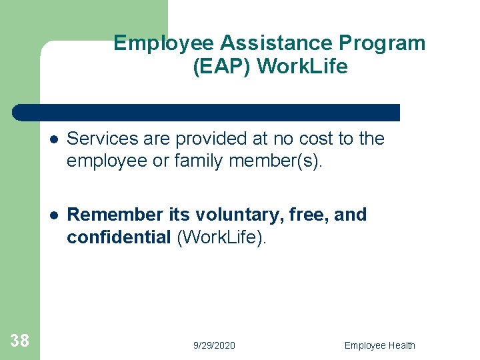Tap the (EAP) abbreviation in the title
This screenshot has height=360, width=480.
pos(221,67)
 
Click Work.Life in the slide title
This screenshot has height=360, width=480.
pos(302,67)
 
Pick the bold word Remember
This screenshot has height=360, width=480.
pos(115,215)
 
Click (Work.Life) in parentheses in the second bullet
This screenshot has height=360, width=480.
pos(221,238)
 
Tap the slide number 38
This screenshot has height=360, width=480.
pos(20,341)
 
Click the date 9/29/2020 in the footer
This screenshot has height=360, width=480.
pos(214,345)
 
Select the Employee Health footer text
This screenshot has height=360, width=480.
pos(379,345)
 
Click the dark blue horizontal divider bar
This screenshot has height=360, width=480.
pos(207,112)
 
